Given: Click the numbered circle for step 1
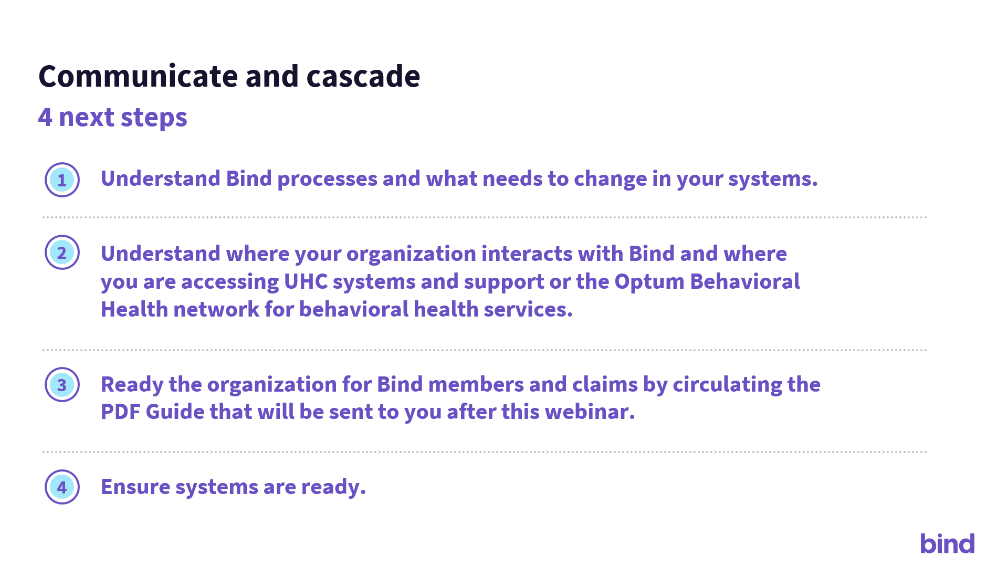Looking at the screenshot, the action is tap(62, 180).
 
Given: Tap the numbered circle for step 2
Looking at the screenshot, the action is tap(62, 253).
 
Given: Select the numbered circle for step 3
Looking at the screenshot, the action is tap(62, 385).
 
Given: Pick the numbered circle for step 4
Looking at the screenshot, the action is tap(62, 487).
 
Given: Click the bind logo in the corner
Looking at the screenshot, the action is tap(947, 543).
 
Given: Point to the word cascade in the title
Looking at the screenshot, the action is tap(363, 77).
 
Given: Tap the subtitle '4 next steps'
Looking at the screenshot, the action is tap(113, 118).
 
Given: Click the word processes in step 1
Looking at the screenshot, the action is tap(327, 180).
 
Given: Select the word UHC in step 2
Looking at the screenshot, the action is tap(306, 281).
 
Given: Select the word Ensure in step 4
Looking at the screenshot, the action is tap(135, 487).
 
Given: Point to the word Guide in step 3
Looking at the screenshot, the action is tap(175, 412).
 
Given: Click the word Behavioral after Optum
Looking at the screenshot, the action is tap(745, 281).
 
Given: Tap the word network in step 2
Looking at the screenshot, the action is tap(216, 309).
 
